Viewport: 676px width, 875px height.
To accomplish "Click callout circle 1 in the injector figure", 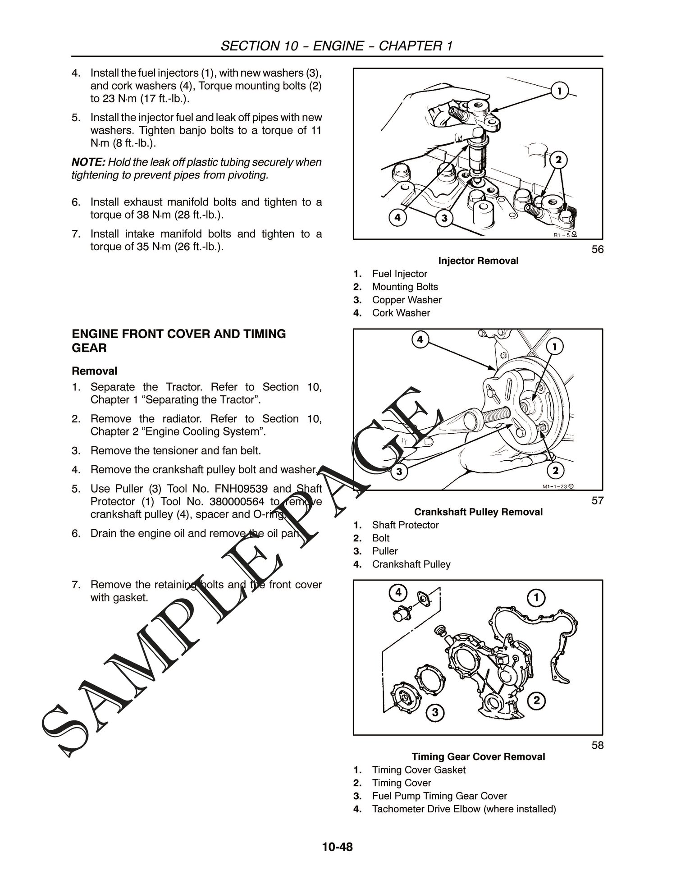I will tap(559, 92).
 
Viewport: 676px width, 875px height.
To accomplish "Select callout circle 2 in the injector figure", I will tap(558, 160).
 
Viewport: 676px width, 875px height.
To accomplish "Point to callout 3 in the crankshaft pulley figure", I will tap(397, 472).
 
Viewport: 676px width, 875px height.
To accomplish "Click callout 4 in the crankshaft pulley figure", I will tap(420, 339).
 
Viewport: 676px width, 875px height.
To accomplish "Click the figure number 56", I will tap(597, 249).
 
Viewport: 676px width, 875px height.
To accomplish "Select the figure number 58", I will tap(597, 745).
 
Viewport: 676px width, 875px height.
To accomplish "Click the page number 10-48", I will tap(338, 847).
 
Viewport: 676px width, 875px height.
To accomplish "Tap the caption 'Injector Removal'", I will tap(478, 261).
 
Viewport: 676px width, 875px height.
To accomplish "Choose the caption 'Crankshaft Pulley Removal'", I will tap(478, 512).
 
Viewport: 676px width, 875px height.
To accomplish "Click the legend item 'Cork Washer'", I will tap(401, 313).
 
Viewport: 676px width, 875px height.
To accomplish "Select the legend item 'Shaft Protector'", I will tap(405, 525).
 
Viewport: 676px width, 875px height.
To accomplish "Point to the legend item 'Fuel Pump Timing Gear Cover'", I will tap(439, 796).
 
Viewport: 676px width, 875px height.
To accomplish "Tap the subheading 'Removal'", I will tap(95, 371).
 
